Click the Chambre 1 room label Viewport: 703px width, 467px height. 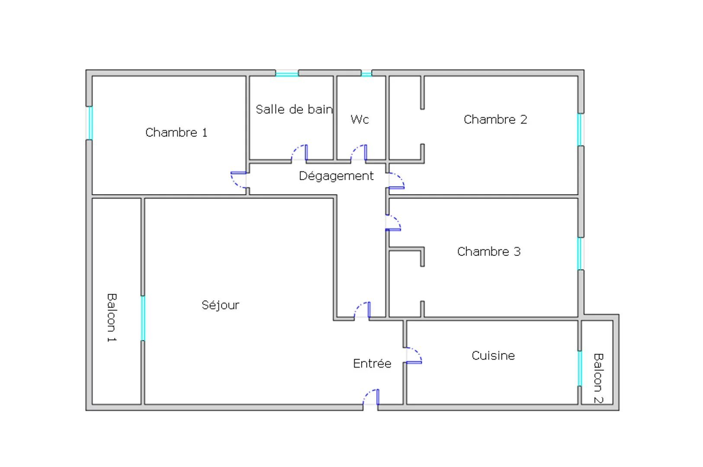(177, 132)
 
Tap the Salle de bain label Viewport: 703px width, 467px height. (294, 110)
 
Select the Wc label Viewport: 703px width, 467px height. (360, 119)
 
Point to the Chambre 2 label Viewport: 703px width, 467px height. (495, 119)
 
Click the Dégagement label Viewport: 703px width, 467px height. (336, 176)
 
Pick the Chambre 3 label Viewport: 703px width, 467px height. (489, 251)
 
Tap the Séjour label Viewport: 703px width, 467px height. (220, 305)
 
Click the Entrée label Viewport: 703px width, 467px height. (372, 364)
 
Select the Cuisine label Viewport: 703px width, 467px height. (493, 355)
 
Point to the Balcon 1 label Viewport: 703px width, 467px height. (112, 318)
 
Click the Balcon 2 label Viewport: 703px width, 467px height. (598, 378)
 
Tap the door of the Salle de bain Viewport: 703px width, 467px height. (299, 153)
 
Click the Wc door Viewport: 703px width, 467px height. (358, 153)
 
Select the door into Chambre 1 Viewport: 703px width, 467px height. (238, 180)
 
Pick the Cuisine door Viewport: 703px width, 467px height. (414, 355)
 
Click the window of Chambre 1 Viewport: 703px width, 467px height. (90, 123)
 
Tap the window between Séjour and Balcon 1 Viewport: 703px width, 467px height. (143, 318)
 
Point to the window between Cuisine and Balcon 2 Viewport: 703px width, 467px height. (580, 368)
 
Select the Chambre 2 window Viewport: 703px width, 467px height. (581, 129)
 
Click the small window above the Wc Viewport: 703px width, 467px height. (366, 74)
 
